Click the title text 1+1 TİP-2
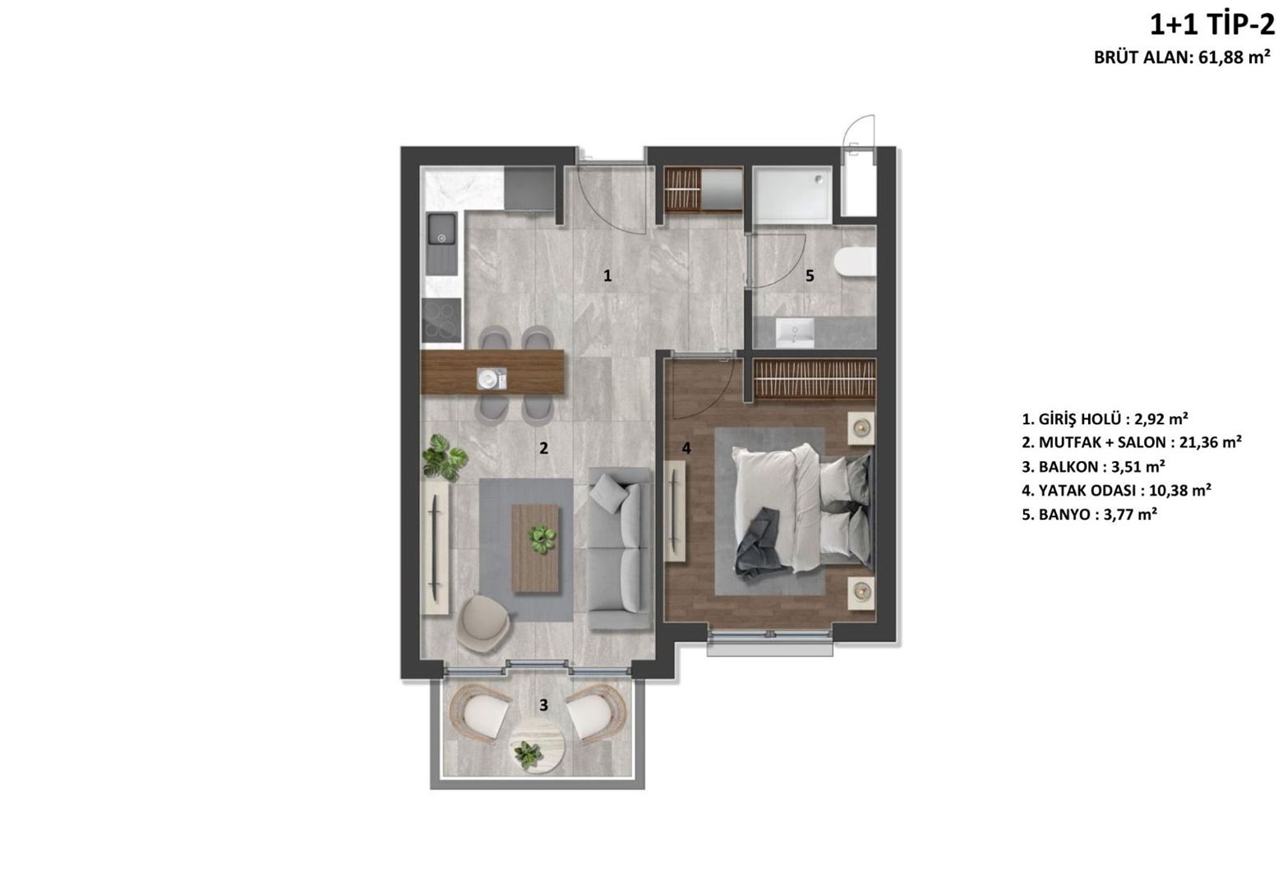pyautogui.click(x=1211, y=25)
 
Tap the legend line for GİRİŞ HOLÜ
pyautogui.click(x=1105, y=419)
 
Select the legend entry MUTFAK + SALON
pyautogui.click(x=1132, y=443)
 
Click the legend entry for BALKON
pyautogui.click(x=1093, y=467)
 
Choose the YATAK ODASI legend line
pyautogui.click(x=1116, y=491)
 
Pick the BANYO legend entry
pyautogui.click(x=1089, y=515)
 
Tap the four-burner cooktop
pyautogui.click(x=441, y=320)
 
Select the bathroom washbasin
pyautogui.click(x=795, y=333)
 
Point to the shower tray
pyautogui.click(x=792, y=195)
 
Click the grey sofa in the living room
pyautogui.click(x=621, y=548)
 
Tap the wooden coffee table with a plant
pyautogui.click(x=535, y=548)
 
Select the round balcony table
pyautogui.click(x=538, y=747)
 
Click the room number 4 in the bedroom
pyautogui.click(x=686, y=448)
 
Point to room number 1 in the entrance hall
pyautogui.click(x=607, y=276)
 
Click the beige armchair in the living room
pyautogui.click(x=485, y=624)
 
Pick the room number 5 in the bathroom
pyautogui.click(x=810, y=276)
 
